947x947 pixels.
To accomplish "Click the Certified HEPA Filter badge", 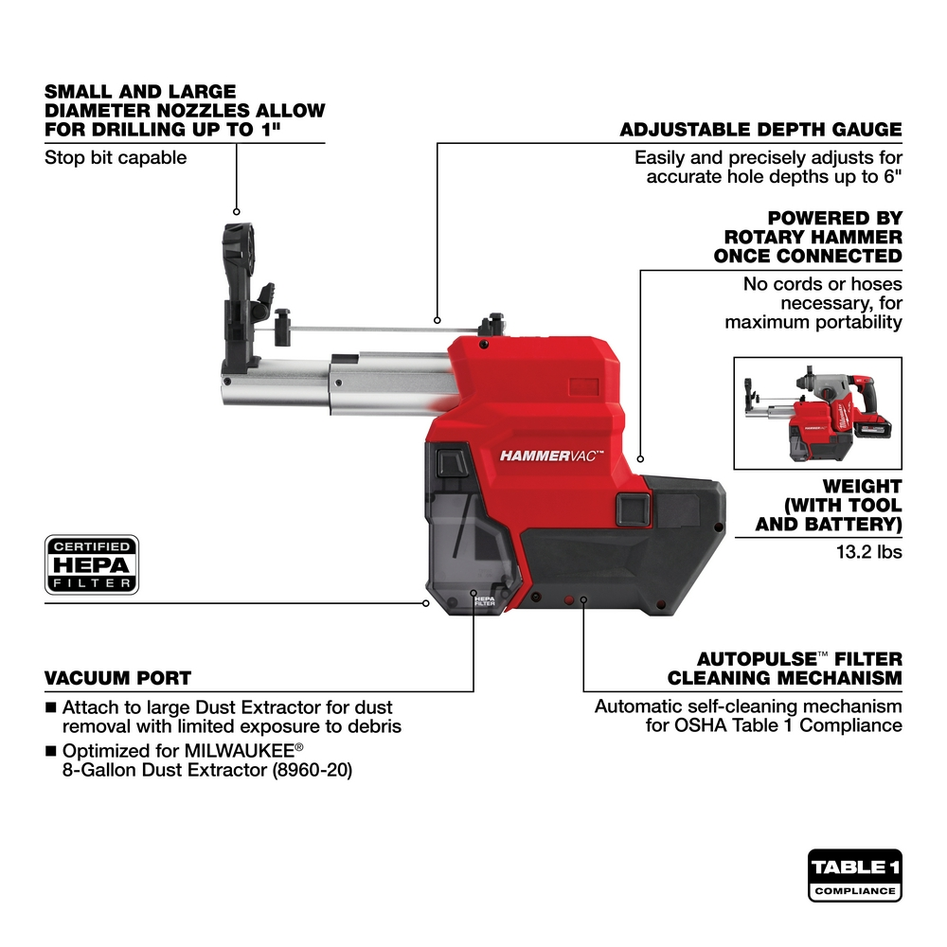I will click(x=92, y=564).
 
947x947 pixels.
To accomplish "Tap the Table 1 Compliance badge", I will click(x=855, y=875).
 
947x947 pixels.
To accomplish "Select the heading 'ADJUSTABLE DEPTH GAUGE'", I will click(x=760, y=130).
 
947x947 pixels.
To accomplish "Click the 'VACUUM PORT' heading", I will click(x=117, y=678).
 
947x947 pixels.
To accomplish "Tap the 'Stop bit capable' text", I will click(x=116, y=157).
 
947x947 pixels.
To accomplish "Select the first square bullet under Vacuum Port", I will click(x=50, y=707).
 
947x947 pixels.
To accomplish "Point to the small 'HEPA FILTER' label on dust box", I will click(x=484, y=602).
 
